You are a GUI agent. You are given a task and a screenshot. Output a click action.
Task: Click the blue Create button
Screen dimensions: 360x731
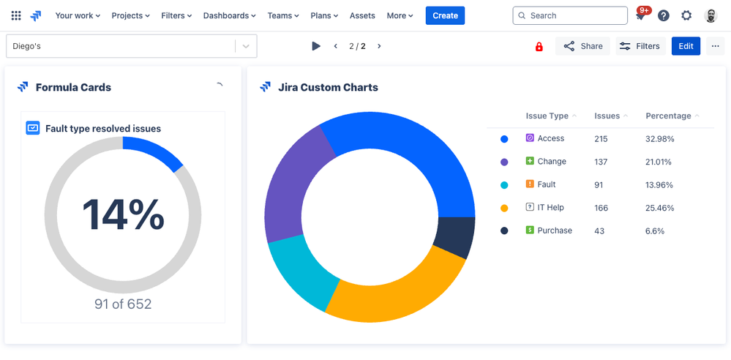445,15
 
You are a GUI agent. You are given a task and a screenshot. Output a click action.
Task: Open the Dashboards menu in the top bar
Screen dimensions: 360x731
230,15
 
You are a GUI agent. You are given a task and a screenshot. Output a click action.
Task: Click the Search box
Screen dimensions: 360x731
570,15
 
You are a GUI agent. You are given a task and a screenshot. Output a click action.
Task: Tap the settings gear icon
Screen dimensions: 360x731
686,15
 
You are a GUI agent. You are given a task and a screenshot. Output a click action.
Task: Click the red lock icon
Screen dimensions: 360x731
539,46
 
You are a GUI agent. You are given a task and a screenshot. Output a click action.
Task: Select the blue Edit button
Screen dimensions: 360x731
686,46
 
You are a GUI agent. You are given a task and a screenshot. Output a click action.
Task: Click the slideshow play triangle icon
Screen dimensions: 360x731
316,46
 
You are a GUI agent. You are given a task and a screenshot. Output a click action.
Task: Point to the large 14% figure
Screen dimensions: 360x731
123,214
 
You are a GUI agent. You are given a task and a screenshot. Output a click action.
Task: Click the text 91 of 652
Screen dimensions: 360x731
123,304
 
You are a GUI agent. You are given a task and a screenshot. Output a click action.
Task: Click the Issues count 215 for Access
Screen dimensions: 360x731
601,138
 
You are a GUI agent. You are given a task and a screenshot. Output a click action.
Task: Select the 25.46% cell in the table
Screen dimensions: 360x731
660,208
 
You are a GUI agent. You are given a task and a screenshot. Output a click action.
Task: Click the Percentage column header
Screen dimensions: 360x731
668,116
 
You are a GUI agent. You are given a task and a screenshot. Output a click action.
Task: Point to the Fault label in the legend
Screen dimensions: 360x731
546,184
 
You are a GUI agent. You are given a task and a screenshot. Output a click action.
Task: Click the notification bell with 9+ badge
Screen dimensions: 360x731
641,15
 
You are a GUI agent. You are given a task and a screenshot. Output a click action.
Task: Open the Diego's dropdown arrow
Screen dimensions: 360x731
246,46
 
